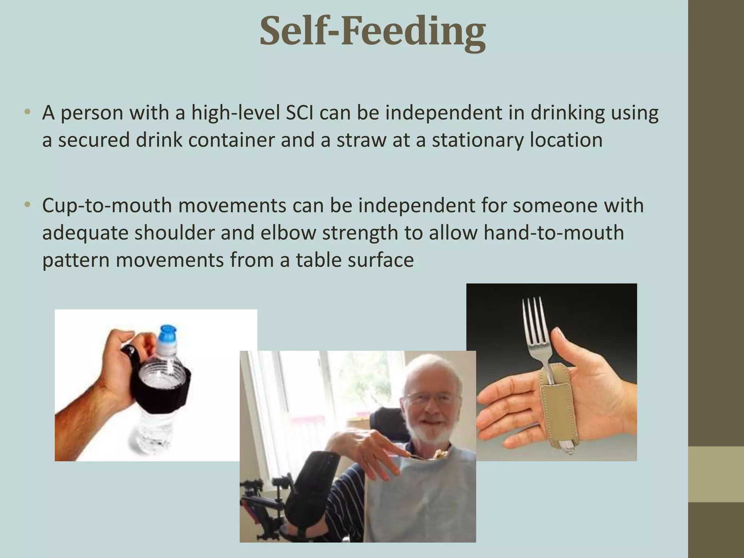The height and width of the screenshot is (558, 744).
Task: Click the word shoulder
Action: (x=174, y=233)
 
